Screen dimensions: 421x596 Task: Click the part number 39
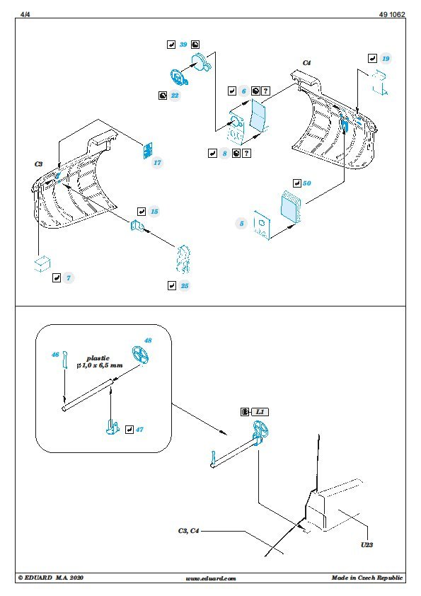183,45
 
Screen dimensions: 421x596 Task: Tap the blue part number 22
174,96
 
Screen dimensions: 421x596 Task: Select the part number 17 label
157,163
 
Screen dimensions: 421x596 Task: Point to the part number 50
306,183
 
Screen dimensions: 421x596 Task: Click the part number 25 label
185,286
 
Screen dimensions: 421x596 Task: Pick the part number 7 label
69,278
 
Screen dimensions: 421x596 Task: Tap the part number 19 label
386,59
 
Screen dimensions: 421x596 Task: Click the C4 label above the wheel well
306,63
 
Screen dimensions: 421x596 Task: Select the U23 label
367,545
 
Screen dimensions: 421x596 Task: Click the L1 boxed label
260,412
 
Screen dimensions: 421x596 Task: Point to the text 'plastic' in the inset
98,358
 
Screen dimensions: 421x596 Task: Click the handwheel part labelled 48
140,355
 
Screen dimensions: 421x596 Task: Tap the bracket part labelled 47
112,428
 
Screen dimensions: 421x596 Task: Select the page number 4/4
25,14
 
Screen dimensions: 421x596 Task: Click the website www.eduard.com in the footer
211,578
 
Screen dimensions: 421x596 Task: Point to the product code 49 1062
392,14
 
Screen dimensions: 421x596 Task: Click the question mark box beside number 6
266,91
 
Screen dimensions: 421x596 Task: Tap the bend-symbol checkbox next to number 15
142,212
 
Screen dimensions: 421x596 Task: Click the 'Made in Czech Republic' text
367,578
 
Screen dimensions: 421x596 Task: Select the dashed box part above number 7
42,263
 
